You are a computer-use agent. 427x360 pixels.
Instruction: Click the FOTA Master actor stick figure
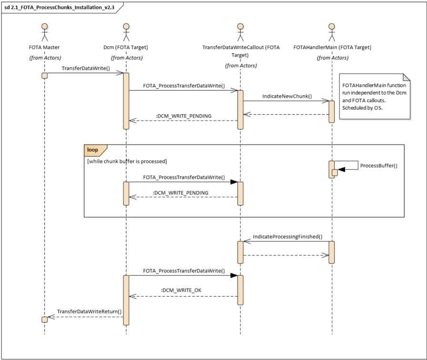[x=45, y=32]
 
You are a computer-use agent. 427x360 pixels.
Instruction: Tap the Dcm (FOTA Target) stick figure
[x=126, y=32]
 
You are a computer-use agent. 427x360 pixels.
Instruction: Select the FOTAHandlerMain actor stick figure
[x=332, y=32]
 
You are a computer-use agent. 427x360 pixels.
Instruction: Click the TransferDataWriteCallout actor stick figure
[x=240, y=32]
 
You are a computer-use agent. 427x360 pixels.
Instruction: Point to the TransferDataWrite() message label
[x=86, y=68]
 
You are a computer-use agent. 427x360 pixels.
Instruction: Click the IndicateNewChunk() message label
[x=287, y=97]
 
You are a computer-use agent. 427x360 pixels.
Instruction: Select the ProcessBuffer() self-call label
[x=378, y=165]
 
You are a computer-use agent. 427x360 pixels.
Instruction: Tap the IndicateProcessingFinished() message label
[x=288, y=237]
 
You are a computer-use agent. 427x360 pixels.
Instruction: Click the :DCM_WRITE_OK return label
[x=181, y=291]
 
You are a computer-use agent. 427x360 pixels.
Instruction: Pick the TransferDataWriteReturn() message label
[x=89, y=311]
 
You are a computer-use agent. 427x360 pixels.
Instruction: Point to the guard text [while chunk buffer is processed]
[x=127, y=161]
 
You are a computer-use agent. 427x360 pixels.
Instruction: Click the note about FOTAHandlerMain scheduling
[x=375, y=97]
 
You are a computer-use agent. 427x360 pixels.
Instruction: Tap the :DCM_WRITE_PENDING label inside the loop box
[x=180, y=193]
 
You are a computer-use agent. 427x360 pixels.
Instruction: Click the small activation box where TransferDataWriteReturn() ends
[x=45, y=320]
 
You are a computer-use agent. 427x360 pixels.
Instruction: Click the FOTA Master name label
[x=44, y=48]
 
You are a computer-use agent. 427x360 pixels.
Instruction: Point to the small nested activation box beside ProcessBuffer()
[x=335, y=173]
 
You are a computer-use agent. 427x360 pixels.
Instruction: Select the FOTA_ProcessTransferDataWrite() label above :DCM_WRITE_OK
[x=184, y=271]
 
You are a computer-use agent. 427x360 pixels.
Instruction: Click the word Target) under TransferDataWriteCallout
[x=240, y=55]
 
